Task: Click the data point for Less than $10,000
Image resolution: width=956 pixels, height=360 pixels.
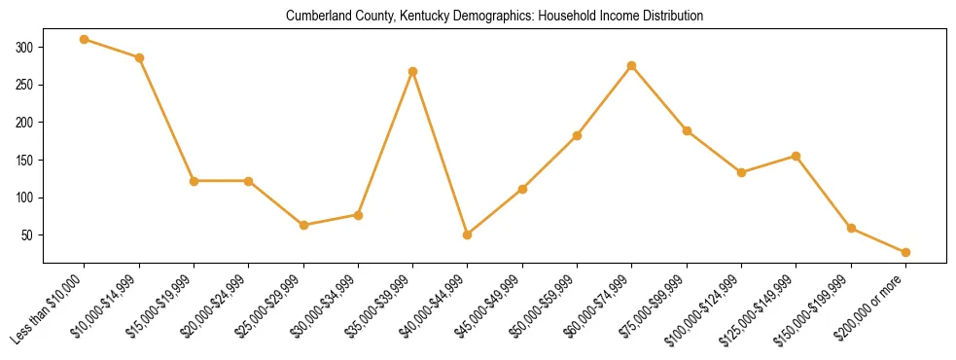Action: click(85, 40)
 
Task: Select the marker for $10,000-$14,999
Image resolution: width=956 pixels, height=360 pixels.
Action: click(139, 57)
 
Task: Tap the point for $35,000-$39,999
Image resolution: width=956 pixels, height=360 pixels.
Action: click(413, 71)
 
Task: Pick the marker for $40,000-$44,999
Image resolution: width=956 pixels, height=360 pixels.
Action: click(468, 234)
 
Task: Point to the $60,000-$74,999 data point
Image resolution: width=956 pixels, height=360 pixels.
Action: click(632, 65)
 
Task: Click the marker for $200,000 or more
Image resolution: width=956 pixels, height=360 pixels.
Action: click(905, 252)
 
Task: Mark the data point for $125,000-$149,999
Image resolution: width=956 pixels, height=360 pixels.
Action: click(797, 156)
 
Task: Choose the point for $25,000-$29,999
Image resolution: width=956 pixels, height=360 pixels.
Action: click(303, 225)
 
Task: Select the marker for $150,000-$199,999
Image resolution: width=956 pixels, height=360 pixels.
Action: click(851, 229)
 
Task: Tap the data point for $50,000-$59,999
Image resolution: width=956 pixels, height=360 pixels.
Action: click(578, 135)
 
